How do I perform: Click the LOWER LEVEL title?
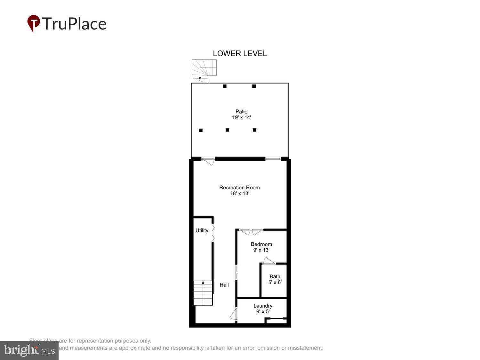[240, 53]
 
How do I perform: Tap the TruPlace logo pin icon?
[34, 23]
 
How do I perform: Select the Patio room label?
[241, 111]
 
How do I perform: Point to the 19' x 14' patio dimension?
[241, 117]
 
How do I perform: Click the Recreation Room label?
[239, 188]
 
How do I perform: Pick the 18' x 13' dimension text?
[239, 194]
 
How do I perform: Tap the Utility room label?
[202, 230]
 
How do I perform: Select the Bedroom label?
[261, 244]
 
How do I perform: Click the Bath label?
[275, 276]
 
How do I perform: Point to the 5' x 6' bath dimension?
[275, 283]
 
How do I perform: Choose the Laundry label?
[263, 306]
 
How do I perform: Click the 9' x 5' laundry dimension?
[263, 312]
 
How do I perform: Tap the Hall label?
[224, 285]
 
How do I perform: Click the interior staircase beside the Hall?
[203, 293]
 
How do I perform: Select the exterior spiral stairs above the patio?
[204, 69]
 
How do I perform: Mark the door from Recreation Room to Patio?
[208, 161]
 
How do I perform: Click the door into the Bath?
[269, 261]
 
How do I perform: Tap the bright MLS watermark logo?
[29, 350]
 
